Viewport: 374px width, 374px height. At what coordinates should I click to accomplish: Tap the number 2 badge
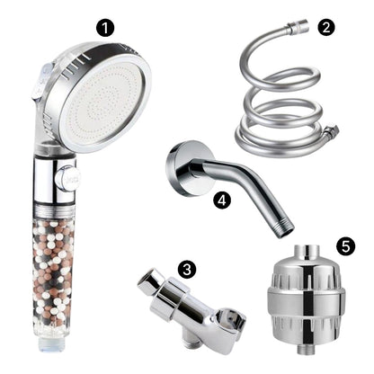(325, 27)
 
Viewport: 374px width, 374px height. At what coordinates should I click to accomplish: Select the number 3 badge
(186, 268)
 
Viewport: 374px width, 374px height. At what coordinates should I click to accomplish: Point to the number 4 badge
(222, 200)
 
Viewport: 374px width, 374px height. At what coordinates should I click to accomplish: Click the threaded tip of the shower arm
(285, 227)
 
